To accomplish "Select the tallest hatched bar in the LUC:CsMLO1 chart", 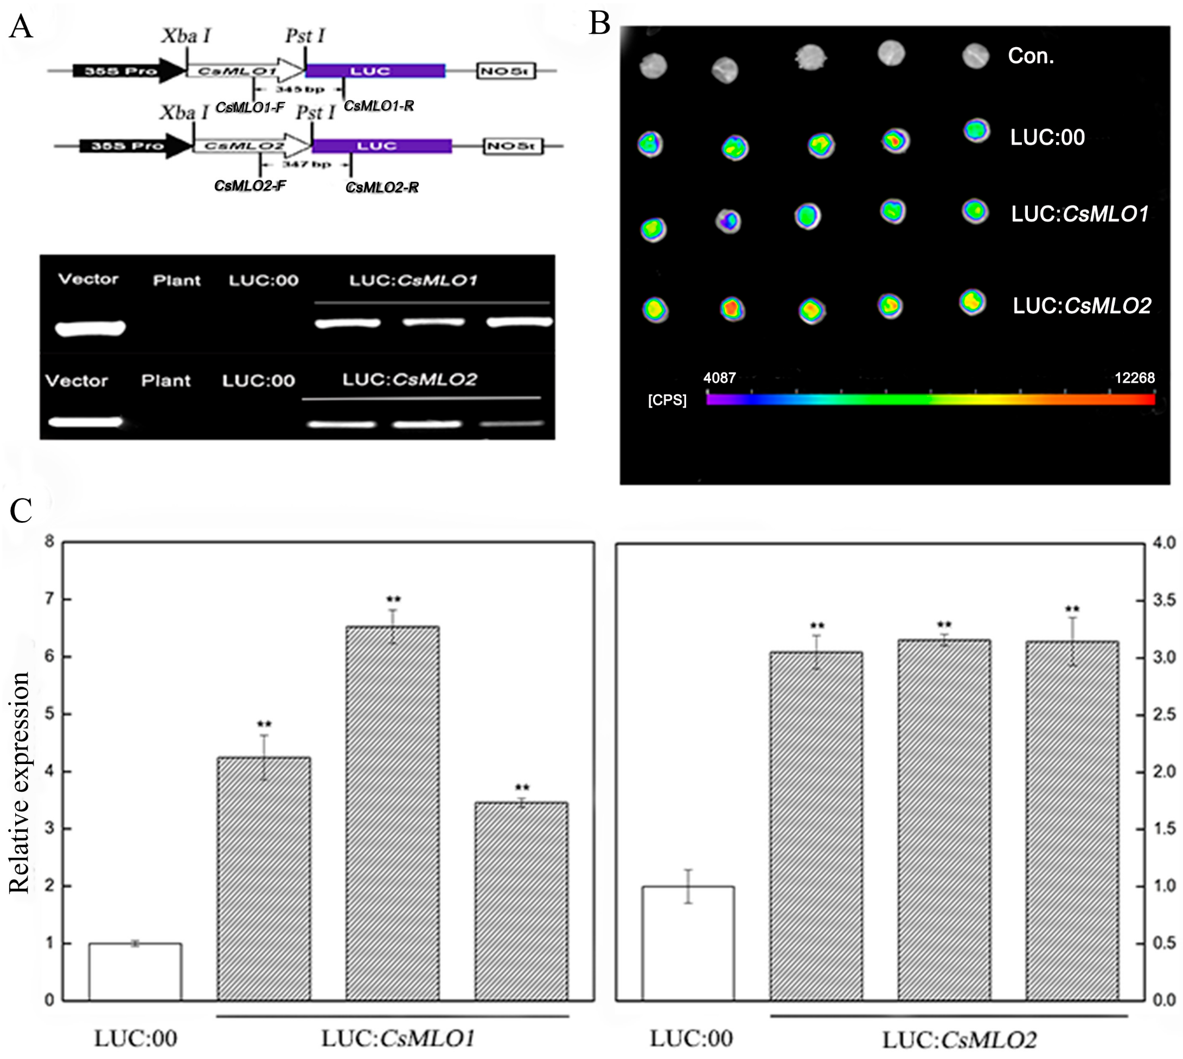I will coord(392,814).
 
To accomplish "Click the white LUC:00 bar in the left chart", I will coord(135,972).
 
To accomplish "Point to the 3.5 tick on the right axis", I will coord(1165,600).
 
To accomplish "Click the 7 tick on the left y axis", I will coord(50,599).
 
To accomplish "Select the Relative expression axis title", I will coord(19,782).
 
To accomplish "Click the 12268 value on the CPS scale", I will coord(1134,378).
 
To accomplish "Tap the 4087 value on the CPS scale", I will coord(719,378).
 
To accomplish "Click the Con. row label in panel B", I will coord(1031,56).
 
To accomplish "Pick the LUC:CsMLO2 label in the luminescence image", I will coord(1082,306).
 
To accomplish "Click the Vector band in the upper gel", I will coord(90,328).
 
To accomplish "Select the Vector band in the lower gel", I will coord(86,421).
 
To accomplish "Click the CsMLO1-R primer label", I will coord(379,106).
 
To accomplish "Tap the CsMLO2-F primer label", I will coord(250,185).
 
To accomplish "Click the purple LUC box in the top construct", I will coord(375,71).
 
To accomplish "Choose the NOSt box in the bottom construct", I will coord(513,146).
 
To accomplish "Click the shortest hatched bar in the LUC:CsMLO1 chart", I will coord(521,902).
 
